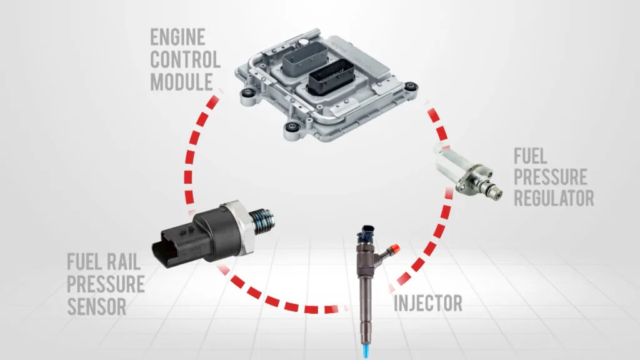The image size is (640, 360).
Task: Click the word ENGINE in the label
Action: click(x=177, y=37)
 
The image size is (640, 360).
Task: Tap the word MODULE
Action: click(x=182, y=82)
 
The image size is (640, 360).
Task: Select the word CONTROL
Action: click(x=185, y=59)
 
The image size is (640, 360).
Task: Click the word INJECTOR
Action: click(x=427, y=303)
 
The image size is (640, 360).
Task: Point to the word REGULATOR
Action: click(x=554, y=198)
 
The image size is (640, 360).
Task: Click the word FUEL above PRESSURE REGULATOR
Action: click(x=530, y=156)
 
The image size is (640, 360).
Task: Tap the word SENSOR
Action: click(x=97, y=306)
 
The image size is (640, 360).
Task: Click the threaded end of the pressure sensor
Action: click(x=262, y=219)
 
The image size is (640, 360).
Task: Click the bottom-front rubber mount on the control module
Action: click(x=292, y=127)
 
